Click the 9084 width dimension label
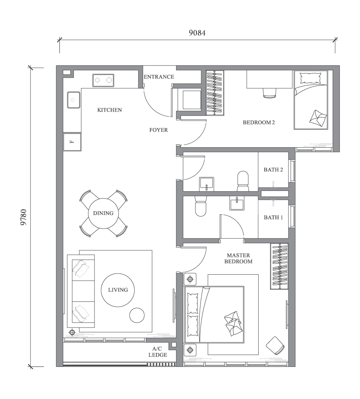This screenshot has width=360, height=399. point(197,33)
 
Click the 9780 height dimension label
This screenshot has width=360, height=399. point(24,217)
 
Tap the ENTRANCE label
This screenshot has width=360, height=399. point(159,77)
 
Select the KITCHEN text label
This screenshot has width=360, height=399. point(109,110)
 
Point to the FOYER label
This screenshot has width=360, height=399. point(158,130)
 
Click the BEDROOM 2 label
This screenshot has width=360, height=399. point(259,123)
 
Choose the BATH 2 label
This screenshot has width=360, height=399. point(273,169)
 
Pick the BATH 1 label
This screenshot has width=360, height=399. point(273,217)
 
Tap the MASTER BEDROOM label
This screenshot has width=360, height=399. point(238,258)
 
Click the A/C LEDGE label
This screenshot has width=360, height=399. point(158,352)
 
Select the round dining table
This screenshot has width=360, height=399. point(103,213)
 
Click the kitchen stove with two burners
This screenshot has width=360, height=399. point(103,80)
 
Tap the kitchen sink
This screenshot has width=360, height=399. point(73,100)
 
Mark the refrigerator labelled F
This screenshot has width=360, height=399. point(72,142)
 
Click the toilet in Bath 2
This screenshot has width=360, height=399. point(243,180)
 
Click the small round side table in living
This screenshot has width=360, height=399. point(137,315)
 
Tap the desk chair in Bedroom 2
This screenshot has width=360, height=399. point(270,92)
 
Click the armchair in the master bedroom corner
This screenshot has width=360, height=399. point(275,345)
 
